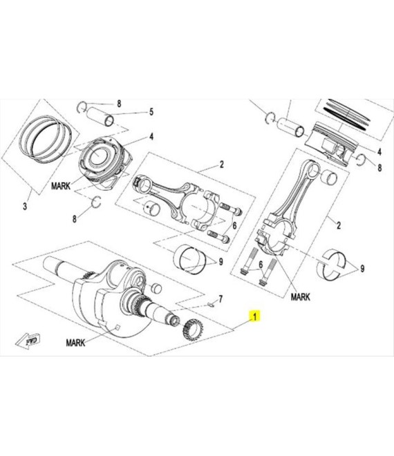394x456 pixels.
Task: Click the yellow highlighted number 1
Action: click(x=255, y=316)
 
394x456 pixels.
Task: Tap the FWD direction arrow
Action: click(x=28, y=341)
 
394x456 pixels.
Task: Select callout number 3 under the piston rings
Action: click(x=25, y=206)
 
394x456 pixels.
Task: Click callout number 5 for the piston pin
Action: click(x=151, y=112)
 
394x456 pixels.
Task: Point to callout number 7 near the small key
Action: click(x=221, y=298)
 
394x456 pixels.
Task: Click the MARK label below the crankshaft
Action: click(x=75, y=343)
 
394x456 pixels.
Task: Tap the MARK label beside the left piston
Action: click(x=61, y=186)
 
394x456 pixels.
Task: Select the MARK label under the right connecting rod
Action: click(x=301, y=297)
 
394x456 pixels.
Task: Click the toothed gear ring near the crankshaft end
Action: click(x=192, y=330)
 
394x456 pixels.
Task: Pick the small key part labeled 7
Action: click(x=211, y=305)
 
